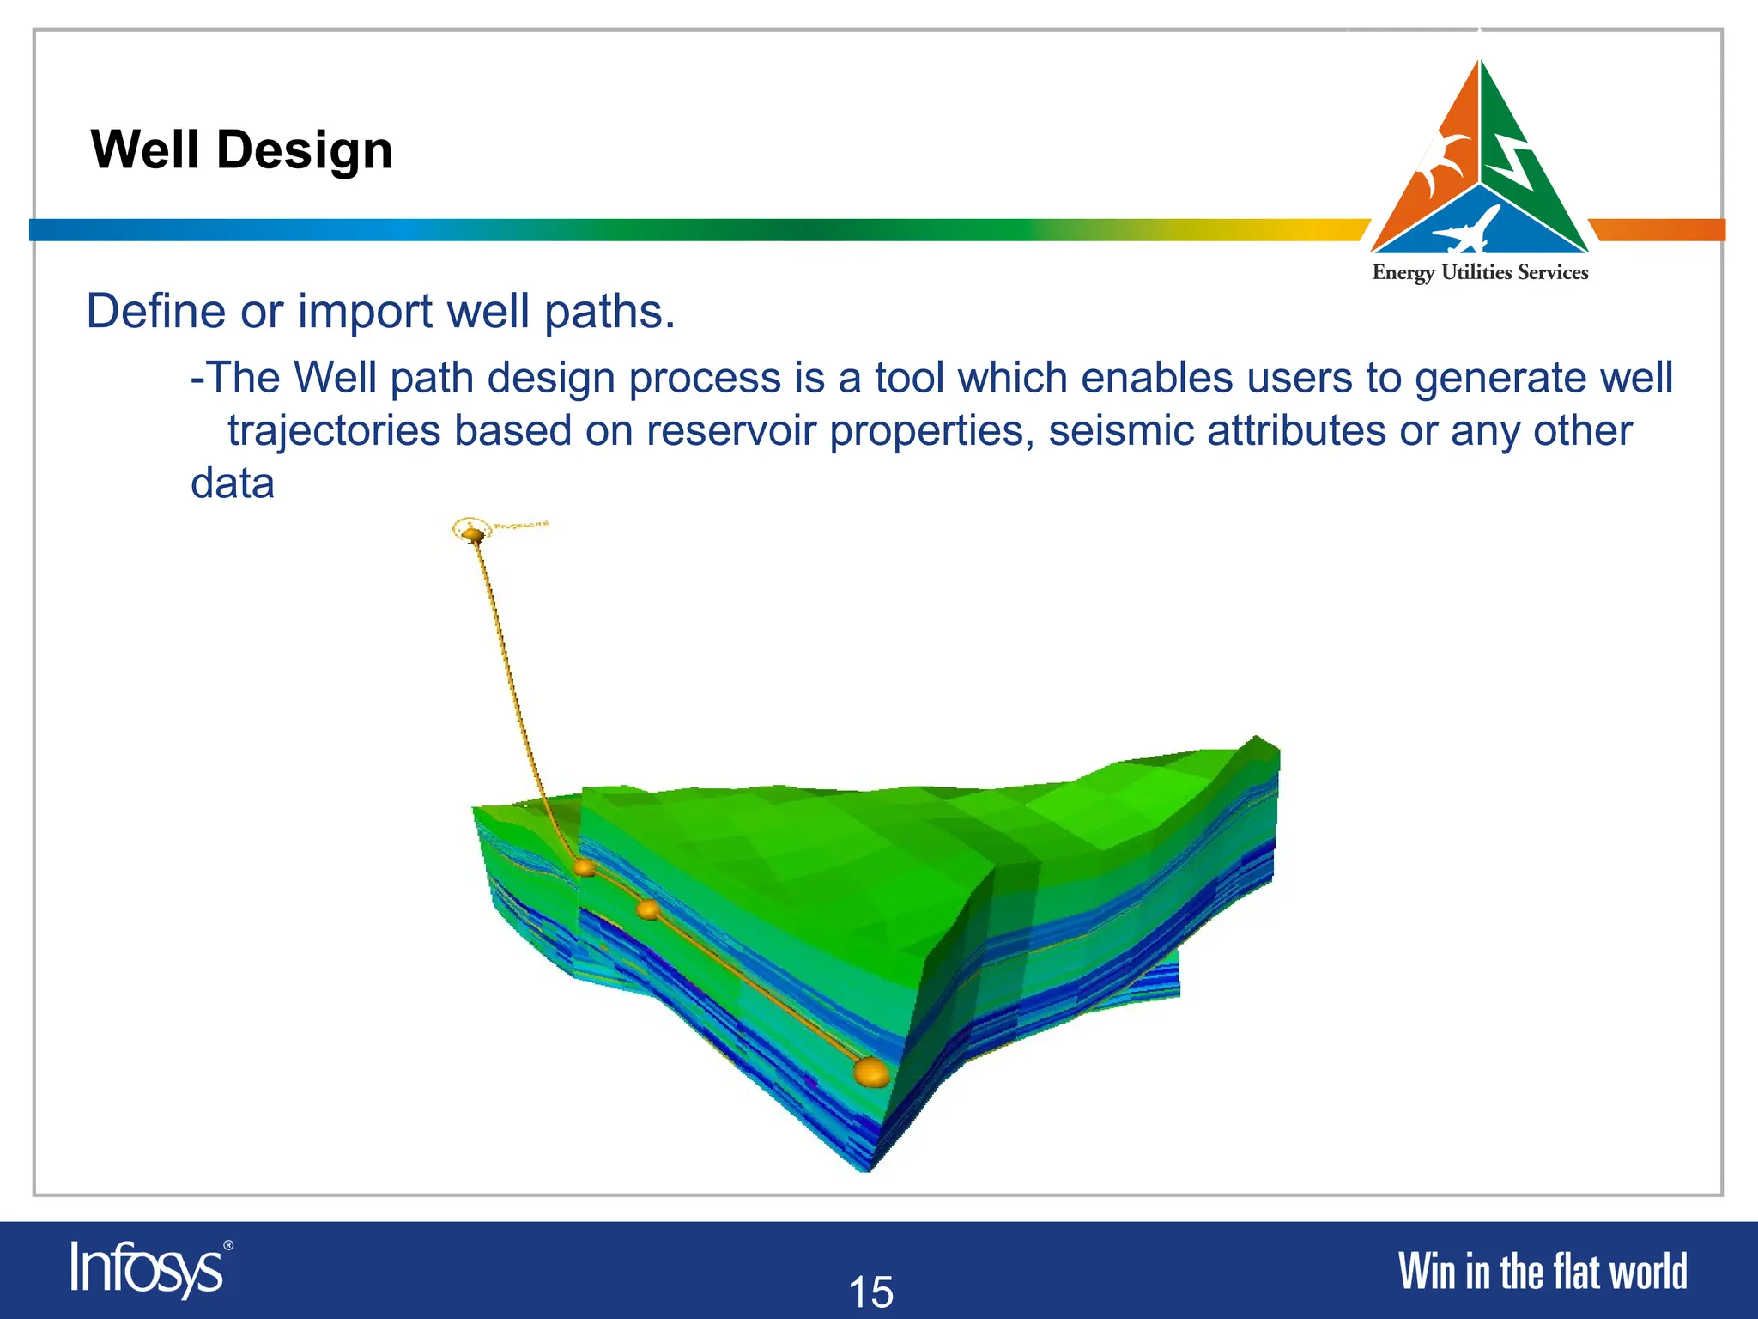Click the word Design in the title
click(304, 150)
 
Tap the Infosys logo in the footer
click(147, 1268)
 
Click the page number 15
click(870, 1292)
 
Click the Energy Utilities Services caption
click(1480, 273)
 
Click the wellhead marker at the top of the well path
click(473, 534)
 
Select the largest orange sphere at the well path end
click(871, 1073)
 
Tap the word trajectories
click(334, 430)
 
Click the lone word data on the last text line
click(232, 483)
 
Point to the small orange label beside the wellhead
click(521, 524)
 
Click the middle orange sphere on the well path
click(648, 909)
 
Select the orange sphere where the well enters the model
click(585, 868)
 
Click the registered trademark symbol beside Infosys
click(228, 1245)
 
